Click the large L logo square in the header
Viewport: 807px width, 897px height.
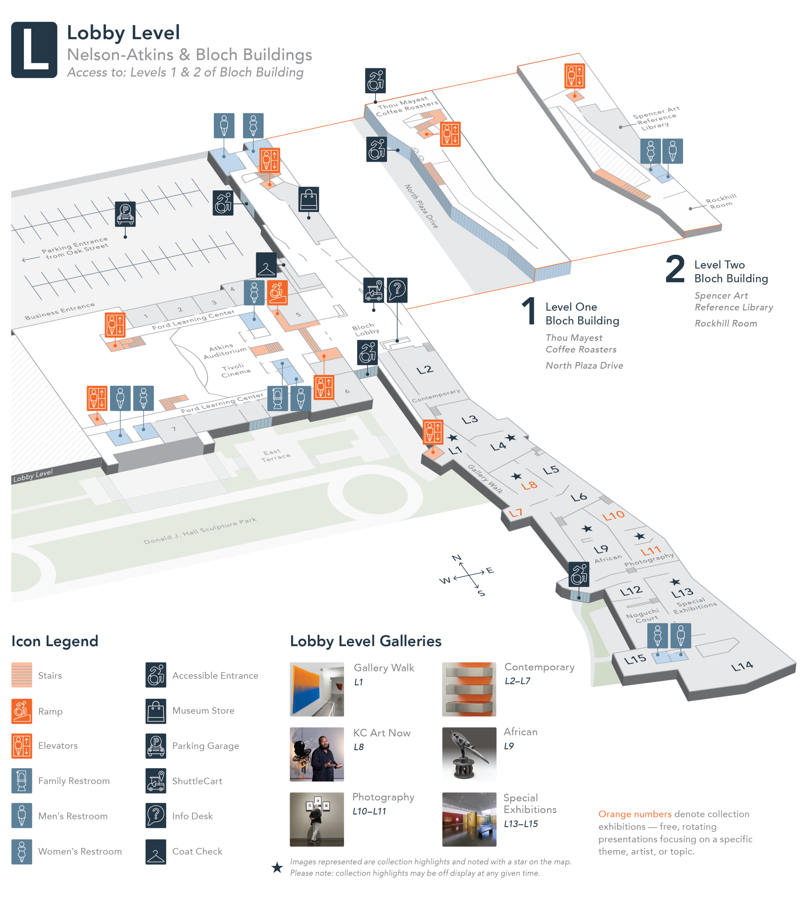[34, 50]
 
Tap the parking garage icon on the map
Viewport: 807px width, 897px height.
[125, 214]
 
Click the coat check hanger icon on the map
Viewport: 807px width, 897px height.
[266, 265]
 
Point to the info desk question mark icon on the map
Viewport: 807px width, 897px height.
[397, 290]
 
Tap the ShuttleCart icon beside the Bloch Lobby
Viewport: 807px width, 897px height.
[374, 290]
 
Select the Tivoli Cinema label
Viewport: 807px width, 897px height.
[235, 370]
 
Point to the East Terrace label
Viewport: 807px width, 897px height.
[275, 455]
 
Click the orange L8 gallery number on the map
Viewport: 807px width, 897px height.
[529, 485]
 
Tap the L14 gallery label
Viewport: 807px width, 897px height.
[742, 666]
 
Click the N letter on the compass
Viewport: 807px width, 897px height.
[457, 557]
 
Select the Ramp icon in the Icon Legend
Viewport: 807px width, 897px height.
[22, 711]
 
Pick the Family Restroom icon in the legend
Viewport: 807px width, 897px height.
[22, 781]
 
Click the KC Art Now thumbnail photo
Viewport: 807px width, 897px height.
[317, 754]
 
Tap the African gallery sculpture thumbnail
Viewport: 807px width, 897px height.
[469, 754]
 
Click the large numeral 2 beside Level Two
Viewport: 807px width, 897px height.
[675, 269]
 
